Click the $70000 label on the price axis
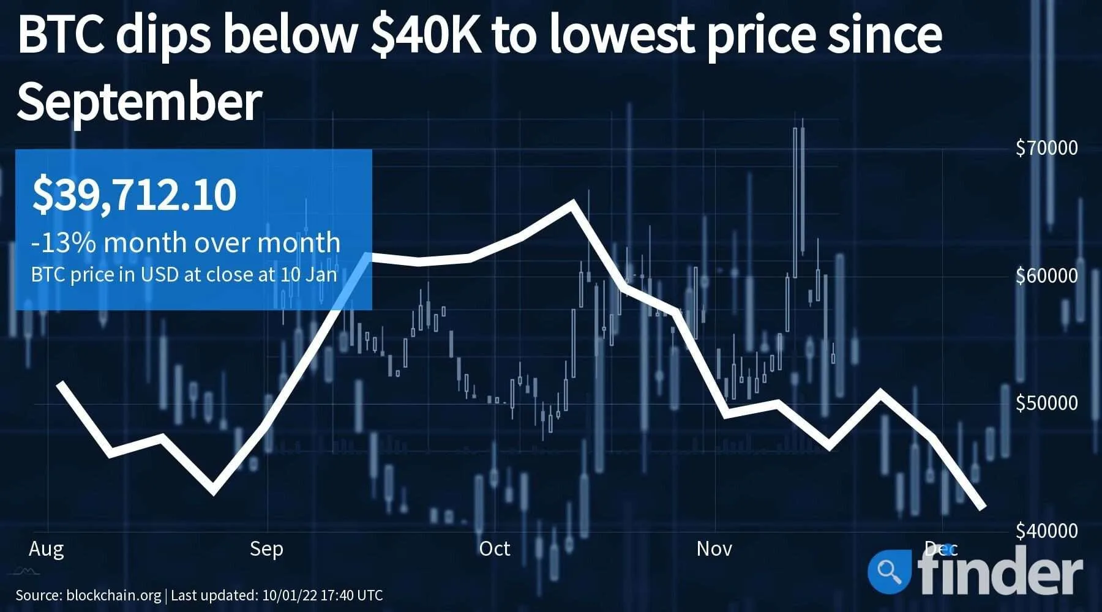coord(1046,148)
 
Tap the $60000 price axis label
coord(1046,276)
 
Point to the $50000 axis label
coord(1046,403)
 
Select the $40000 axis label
coord(1046,531)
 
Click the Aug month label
coord(46,549)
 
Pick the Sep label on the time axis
coord(266,549)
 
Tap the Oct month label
coord(494,549)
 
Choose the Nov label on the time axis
coord(714,549)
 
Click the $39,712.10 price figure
coord(134,195)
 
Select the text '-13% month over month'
coord(186,243)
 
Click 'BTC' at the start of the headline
coord(61,35)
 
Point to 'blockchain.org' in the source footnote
coord(113,595)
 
